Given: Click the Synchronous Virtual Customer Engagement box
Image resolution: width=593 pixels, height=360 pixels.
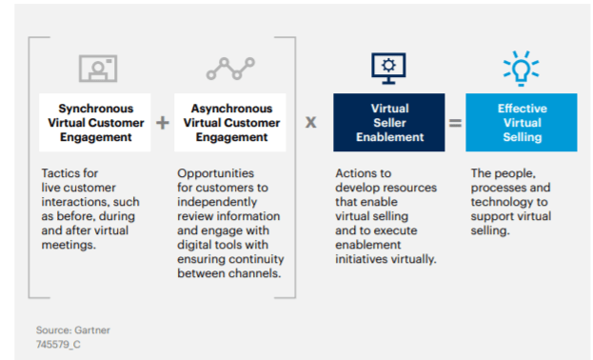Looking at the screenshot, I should click(95, 123).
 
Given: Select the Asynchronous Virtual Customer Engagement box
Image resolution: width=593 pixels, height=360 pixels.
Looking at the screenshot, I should click(231, 123).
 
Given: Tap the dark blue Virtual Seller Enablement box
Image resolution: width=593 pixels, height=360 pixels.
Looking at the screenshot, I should click(389, 123).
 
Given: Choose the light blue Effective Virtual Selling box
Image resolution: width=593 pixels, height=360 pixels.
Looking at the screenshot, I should click(522, 123).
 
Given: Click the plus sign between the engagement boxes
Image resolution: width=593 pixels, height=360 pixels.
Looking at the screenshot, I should click(162, 123).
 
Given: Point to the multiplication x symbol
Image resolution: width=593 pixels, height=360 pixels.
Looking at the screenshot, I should click(311, 123).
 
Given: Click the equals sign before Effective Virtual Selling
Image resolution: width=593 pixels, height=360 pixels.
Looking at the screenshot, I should click(456, 123).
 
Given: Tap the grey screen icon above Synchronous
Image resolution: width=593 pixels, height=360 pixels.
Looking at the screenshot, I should click(97, 69).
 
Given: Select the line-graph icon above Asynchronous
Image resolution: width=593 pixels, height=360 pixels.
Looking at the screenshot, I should click(230, 69).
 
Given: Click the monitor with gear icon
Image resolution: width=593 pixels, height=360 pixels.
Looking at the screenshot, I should click(389, 68).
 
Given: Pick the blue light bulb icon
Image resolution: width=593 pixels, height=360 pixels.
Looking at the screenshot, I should click(521, 68).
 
